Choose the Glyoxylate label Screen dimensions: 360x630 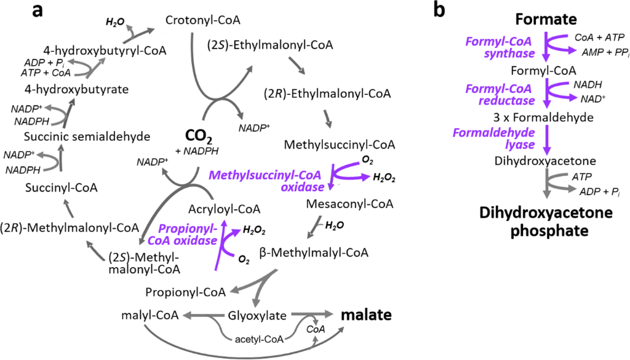257,316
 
